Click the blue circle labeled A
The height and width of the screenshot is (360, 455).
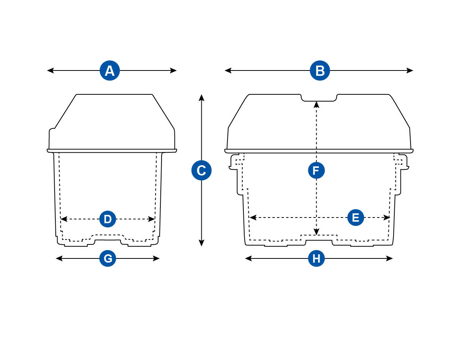pos(110,70)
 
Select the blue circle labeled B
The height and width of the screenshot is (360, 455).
pos(320,70)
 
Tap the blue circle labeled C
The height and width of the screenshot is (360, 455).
pos(201,171)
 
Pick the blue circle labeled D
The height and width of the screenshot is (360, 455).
pos(108,219)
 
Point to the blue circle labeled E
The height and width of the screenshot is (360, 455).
pos(355,218)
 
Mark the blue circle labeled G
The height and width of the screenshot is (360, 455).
pos(108,258)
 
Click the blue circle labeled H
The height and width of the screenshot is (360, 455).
pos(316,258)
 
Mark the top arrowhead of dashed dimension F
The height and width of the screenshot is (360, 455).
pos(316,104)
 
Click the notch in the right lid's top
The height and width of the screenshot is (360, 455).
pos(319,98)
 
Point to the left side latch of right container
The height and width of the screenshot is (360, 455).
pos(234,162)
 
